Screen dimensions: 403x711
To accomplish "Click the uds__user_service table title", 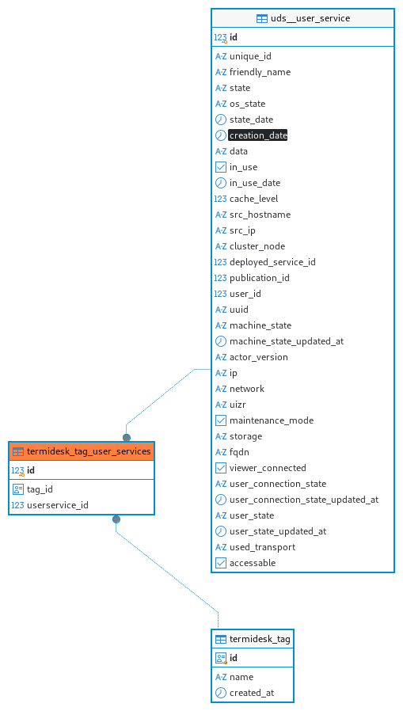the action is click(x=310, y=18).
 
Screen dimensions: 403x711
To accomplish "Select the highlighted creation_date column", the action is click(x=258, y=135).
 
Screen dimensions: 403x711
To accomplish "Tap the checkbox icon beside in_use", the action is click(x=221, y=167).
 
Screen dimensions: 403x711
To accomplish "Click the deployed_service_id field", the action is click(x=272, y=262).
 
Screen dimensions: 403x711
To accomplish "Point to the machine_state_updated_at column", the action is click(x=287, y=341).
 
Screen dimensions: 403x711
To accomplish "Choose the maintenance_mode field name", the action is click(x=272, y=420).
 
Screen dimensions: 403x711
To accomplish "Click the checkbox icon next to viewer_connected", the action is click(x=221, y=468).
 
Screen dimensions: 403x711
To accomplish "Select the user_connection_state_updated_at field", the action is click(x=304, y=500).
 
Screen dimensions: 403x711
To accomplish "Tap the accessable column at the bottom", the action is click(x=253, y=563).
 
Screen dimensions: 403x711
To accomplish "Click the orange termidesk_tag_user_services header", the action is click(x=82, y=451).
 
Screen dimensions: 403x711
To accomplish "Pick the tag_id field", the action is click(x=40, y=489).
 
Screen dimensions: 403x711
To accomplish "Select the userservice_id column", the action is click(x=58, y=505).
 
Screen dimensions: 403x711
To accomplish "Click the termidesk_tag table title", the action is click(x=260, y=640).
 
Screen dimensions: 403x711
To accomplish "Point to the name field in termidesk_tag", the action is click(x=241, y=677).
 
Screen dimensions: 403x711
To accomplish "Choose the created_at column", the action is click(x=252, y=693).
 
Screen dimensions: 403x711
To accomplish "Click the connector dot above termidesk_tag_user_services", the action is click(x=127, y=438).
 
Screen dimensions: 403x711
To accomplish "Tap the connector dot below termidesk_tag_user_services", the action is click(x=116, y=519).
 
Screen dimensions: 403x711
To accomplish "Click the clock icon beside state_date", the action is click(x=221, y=120).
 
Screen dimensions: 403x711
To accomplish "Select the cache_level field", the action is click(x=254, y=199).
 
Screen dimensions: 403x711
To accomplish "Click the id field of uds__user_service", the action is click(x=234, y=37).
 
